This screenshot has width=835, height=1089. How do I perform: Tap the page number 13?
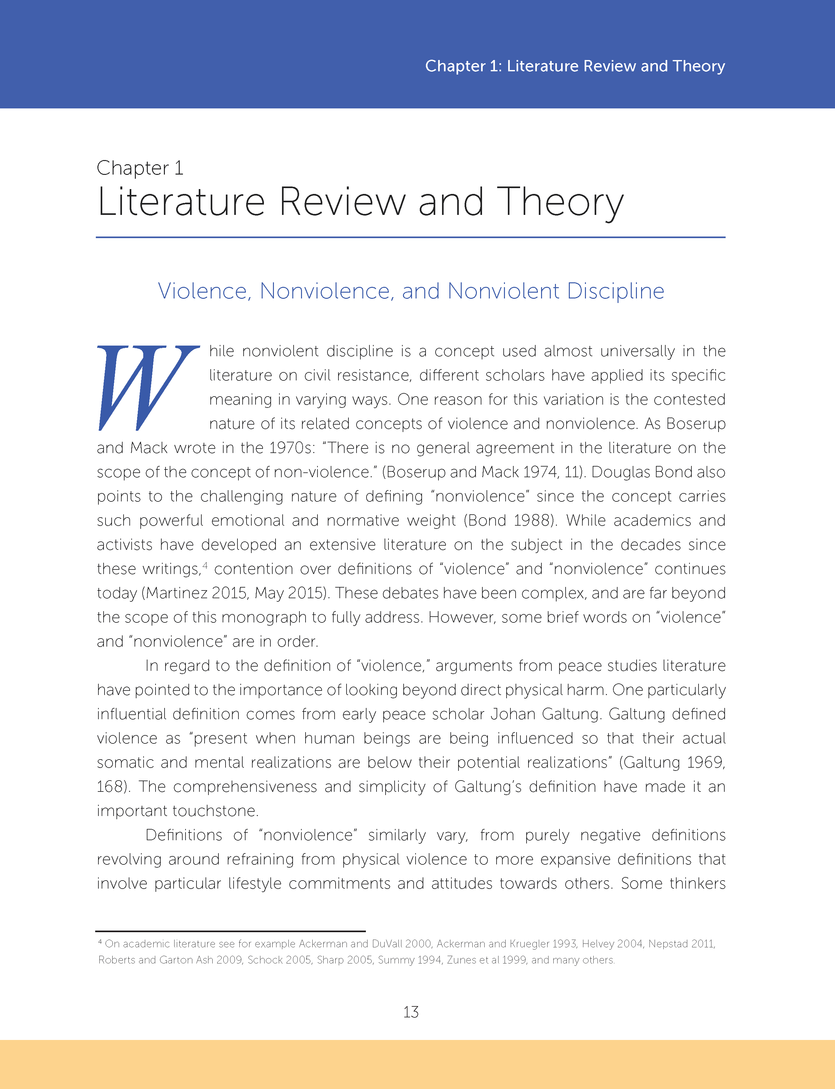[410, 1012]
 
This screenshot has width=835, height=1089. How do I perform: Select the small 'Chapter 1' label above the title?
[140, 168]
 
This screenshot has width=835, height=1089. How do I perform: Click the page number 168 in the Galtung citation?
[110, 786]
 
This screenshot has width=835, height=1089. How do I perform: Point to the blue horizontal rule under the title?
[410, 237]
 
